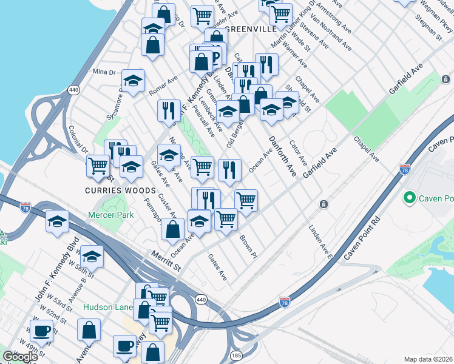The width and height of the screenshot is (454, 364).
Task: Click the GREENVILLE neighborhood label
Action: pos(251,29)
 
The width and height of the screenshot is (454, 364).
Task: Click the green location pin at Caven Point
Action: pos(410,198)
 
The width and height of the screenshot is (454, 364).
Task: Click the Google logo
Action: pos(20,357)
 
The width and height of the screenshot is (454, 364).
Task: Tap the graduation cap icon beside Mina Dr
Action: pos(133,81)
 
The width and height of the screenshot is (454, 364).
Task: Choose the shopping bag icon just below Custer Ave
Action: pos(173,229)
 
